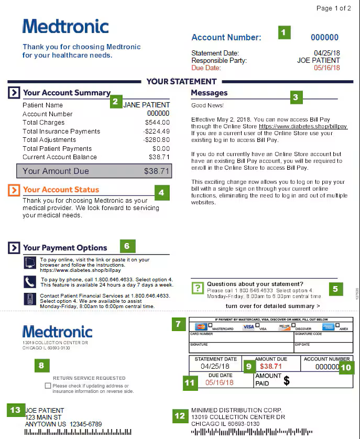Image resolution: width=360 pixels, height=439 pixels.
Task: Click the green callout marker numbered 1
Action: (283, 32)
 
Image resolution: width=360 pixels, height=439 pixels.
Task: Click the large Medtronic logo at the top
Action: (66, 26)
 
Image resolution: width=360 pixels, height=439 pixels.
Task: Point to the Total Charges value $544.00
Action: (157, 123)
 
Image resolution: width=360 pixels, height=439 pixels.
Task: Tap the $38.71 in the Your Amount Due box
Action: (157, 171)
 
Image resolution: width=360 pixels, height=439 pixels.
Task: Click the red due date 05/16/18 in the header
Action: (326, 68)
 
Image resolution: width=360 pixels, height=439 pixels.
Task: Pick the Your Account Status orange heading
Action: (61, 190)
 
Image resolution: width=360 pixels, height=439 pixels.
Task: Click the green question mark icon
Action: (198, 288)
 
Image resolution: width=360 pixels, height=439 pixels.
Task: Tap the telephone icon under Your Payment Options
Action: (30, 282)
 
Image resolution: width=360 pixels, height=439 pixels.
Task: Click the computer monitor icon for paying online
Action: (30, 262)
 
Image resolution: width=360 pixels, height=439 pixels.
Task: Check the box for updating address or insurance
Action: (48, 386)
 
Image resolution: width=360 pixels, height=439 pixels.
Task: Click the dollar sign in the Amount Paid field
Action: (287, 381)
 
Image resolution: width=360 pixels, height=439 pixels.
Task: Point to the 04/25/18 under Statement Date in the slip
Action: (215, 367)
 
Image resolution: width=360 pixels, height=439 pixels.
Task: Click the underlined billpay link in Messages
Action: (303, 127)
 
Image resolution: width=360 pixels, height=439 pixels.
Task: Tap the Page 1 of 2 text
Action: (334, 8)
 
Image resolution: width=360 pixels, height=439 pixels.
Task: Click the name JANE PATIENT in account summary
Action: (146, 105)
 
